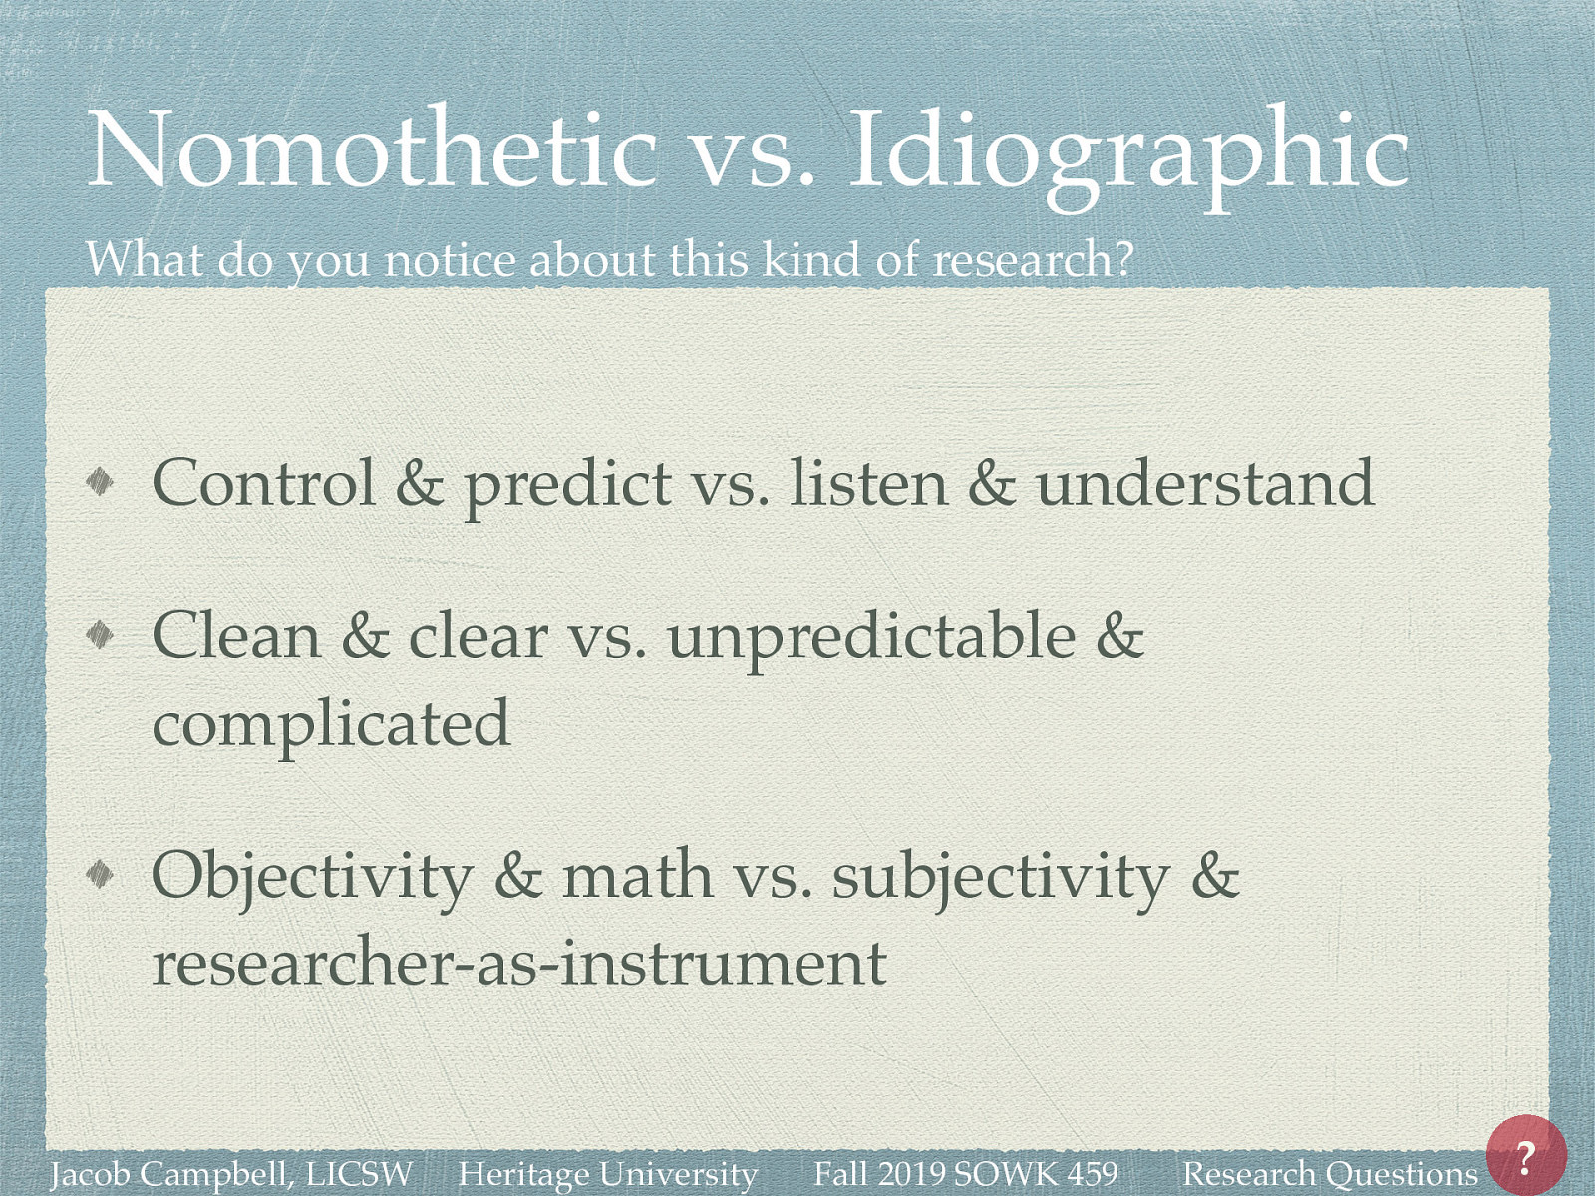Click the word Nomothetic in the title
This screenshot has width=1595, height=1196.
coord(372,149)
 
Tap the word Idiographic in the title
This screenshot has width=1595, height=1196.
coord(1127,151)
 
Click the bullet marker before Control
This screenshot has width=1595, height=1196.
coord(101,483)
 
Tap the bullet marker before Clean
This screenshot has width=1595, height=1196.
coord(101,634)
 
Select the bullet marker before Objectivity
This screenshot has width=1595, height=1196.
coord(101,874)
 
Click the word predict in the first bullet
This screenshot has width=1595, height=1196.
coord(567,486)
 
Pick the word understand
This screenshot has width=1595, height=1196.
coord(1204,483)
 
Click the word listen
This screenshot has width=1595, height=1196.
coord(868,483)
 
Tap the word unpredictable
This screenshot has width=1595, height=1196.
coord(871,638)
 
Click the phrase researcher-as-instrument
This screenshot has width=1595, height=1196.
coord(518,963)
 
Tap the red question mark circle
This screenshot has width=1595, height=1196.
coord(1525,1156)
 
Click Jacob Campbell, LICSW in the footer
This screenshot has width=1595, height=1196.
coord(231,1174)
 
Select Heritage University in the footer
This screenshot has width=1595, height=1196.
coord(607,1174)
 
